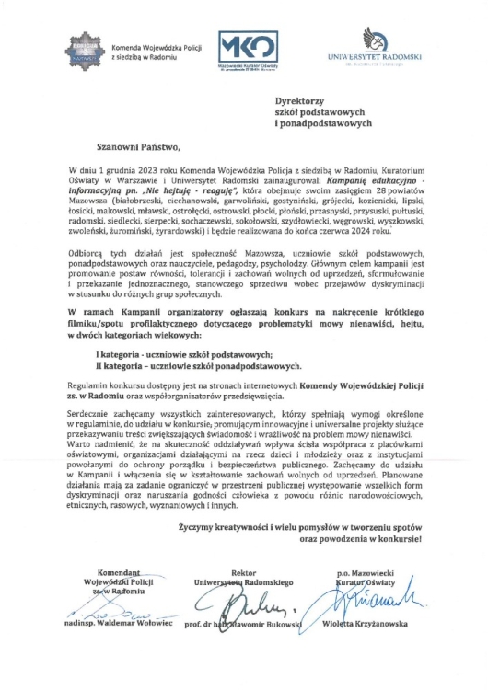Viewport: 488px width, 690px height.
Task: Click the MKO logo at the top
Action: pos(241,48)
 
